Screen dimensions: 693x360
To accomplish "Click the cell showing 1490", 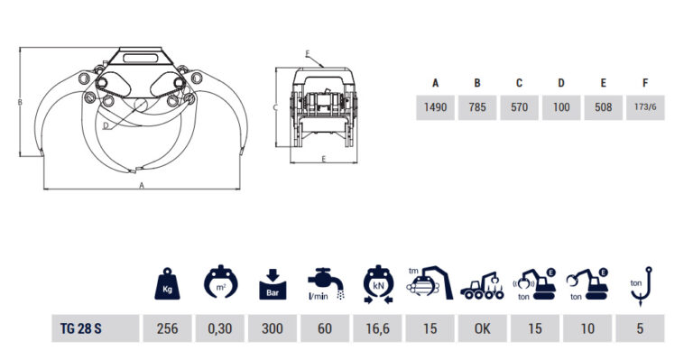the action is click(x=435, y=107).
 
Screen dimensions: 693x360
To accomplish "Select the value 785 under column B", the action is click(x=477, y=107).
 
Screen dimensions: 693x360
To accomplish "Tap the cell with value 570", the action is click(x=520, y=107).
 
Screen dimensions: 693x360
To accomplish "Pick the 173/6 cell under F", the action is click(x=645, y=107).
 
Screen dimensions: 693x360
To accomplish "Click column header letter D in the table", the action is click(x=561, y=83).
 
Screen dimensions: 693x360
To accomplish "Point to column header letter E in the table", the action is click(x=604, y=83).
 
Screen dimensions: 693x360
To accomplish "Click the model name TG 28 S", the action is click(x=81, y=328).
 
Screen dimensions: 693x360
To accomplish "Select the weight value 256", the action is click(x=167, y=328).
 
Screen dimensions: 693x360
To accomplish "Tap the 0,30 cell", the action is click(x=219, y=328).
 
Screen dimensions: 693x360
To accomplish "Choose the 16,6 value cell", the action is click(x=377, y=328).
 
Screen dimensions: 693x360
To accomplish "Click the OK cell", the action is click(x=482, y=328).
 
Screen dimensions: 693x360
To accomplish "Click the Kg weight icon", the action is click(x=167, y=283).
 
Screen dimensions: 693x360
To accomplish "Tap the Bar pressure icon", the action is click(x=273, y=284).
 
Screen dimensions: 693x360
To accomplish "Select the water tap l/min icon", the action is click(x=326, y=284).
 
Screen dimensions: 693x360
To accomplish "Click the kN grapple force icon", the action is click(x=378, y=284).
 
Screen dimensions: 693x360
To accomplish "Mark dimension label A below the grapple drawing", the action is click(x=142, y=186).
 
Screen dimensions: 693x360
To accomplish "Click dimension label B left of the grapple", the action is click(x=20, y=103).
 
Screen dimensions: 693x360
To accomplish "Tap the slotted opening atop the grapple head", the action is click(x=140, y=58).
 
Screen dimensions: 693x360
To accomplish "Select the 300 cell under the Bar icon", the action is click(x=273, y=328).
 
